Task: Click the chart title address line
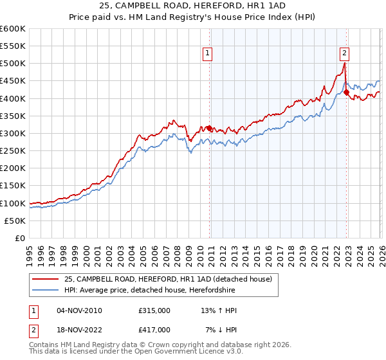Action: [192, 6]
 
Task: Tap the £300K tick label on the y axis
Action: [13, 133]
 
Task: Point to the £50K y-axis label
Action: [15, 221]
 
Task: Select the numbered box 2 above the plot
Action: [345, 54]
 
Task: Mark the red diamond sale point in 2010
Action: [209, 128]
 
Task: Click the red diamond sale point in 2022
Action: [346, 93]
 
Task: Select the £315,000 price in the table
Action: [154, 310]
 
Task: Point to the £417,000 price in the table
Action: [154, 329]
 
